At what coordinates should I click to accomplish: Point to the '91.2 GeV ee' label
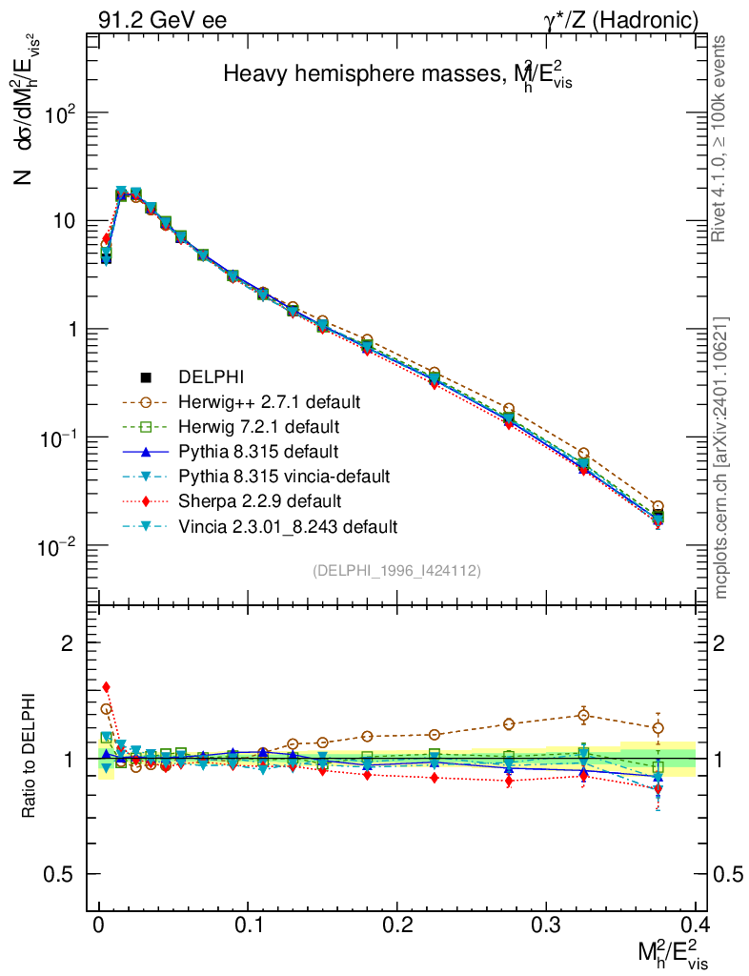pyautogui.click(x=162, y=19)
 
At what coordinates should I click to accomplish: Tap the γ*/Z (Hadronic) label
pyautogui.click(x=621, y=19)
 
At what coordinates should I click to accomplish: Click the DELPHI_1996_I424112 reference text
pyautogui.click(x=395, y=571)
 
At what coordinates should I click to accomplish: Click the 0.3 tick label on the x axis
pyautogui.click(x=545, y=925)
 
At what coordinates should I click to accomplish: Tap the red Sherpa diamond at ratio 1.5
pyautogui.click(x=107, y=687)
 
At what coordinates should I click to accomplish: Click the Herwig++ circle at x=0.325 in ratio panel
pyautogui.click(x=584, y=715)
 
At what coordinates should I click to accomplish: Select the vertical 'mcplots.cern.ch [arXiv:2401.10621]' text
pyautogui.click(x=722, y=458)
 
